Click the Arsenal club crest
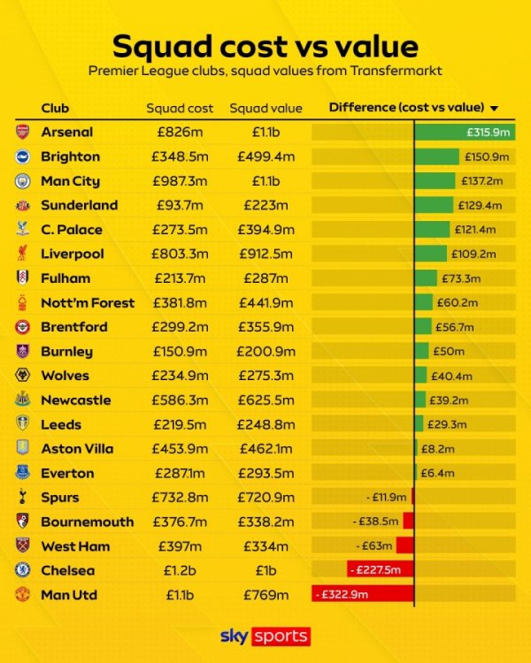pos(22,132)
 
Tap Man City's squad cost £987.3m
pos(180,181)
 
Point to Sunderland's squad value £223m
pos(266,205)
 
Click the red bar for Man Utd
pos(363,595)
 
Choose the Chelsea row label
pos(67,570)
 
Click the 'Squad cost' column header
pos(180,109)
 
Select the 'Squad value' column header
pos(266,109)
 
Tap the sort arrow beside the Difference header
pos(494,109)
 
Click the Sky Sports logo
pos(265,636)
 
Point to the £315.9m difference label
pos(489,132)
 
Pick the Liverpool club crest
pos(22,254)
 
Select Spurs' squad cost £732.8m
pos(180,498)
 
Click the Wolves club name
pos(65,376)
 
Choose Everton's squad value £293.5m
pos(266,473)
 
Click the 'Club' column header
pos(55,109)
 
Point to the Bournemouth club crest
pos(22,522)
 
